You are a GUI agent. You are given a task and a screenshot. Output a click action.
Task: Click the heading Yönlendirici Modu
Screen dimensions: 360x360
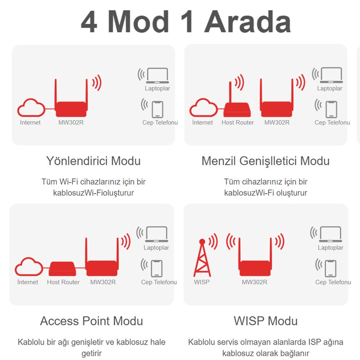[x=93, y=161]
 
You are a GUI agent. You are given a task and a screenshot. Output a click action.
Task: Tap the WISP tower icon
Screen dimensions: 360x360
[x=202, y=258]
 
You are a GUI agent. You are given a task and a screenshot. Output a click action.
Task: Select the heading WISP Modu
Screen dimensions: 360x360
[x=266, y=321]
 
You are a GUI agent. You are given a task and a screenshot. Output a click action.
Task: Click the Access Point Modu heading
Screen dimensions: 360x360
[x=91, y=321]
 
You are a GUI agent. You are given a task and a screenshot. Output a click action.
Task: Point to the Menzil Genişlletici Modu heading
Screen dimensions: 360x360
[x=265, y=161]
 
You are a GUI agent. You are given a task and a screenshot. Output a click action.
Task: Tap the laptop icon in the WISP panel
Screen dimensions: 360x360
[x=330, y=234]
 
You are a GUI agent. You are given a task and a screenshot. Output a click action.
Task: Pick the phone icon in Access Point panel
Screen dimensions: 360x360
[x=157, y=269]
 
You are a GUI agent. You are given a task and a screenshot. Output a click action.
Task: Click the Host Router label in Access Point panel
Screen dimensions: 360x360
[x=63, y=282]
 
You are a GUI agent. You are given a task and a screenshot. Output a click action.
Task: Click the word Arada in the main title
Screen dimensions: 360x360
[x=248, y=22]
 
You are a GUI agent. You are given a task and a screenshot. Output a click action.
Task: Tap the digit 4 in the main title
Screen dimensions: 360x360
[x=89, y=22]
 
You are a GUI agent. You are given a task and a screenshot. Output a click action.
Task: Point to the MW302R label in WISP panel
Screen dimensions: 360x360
[x=255, y=282]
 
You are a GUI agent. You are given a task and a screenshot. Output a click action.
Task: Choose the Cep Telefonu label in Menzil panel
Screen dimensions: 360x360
[x=332, y=122]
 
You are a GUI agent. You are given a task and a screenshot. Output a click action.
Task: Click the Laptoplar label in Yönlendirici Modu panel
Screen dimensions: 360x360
[x=158, y=89]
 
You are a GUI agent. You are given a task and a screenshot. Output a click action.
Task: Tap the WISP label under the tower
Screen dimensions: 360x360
[x=202, y=282]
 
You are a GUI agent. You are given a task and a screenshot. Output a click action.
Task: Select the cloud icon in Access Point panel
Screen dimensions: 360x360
[x=29, y=266]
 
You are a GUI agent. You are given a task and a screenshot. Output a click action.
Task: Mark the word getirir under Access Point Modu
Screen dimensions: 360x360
[x=91, y=353]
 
